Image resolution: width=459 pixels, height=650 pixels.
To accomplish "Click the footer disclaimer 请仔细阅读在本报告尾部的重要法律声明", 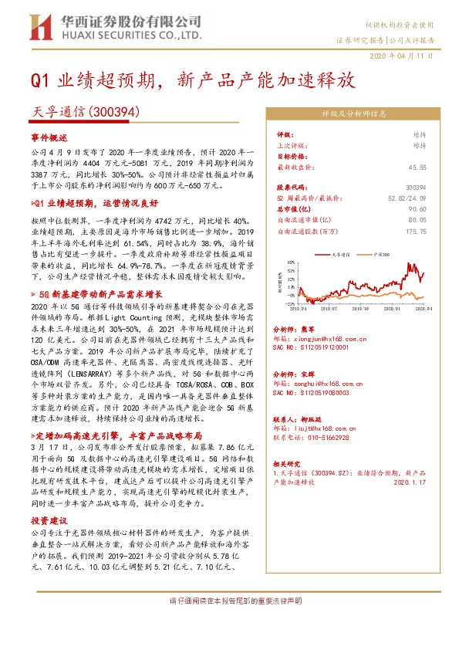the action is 229,601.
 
